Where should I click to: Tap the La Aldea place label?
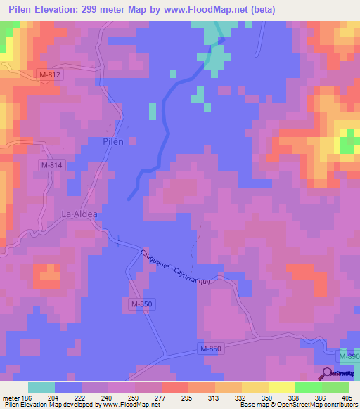[x=79, y=214]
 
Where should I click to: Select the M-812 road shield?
[x=50, y=74]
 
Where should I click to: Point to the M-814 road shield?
[x=51, y=165]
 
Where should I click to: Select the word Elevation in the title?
[x=70, y=9]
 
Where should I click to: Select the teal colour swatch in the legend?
[x=41, y=387]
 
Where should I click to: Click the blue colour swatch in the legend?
[x=68, y=387]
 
